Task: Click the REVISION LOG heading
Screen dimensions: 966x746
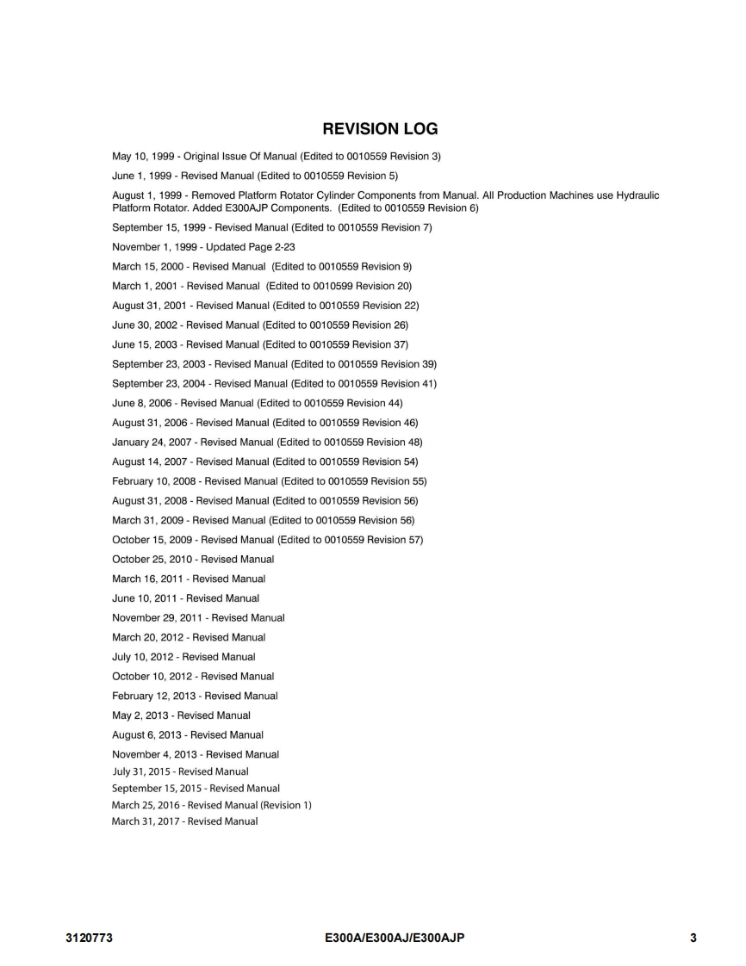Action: point(380,129)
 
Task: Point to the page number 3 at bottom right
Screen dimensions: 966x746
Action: point(693,938)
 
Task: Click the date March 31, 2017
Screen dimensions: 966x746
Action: point(143,821)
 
